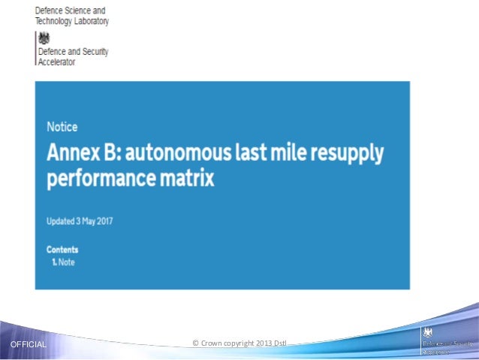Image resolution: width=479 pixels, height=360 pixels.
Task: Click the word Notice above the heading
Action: coord(62,127)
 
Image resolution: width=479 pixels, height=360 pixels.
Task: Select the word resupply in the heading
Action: coord(348,155)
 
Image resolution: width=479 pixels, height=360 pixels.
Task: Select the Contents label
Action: coord(62,250)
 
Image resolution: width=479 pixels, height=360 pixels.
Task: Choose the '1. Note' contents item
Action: coord(63,262)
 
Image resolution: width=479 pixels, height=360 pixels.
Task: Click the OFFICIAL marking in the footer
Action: coord(27,345)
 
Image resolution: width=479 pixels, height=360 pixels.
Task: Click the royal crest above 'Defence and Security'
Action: coord(44,38)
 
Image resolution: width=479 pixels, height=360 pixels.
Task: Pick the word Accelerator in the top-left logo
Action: coord(57,62)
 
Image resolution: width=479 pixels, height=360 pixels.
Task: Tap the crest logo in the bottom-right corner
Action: coord(429,333)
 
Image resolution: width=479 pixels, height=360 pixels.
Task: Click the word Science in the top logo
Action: coord(80,11)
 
